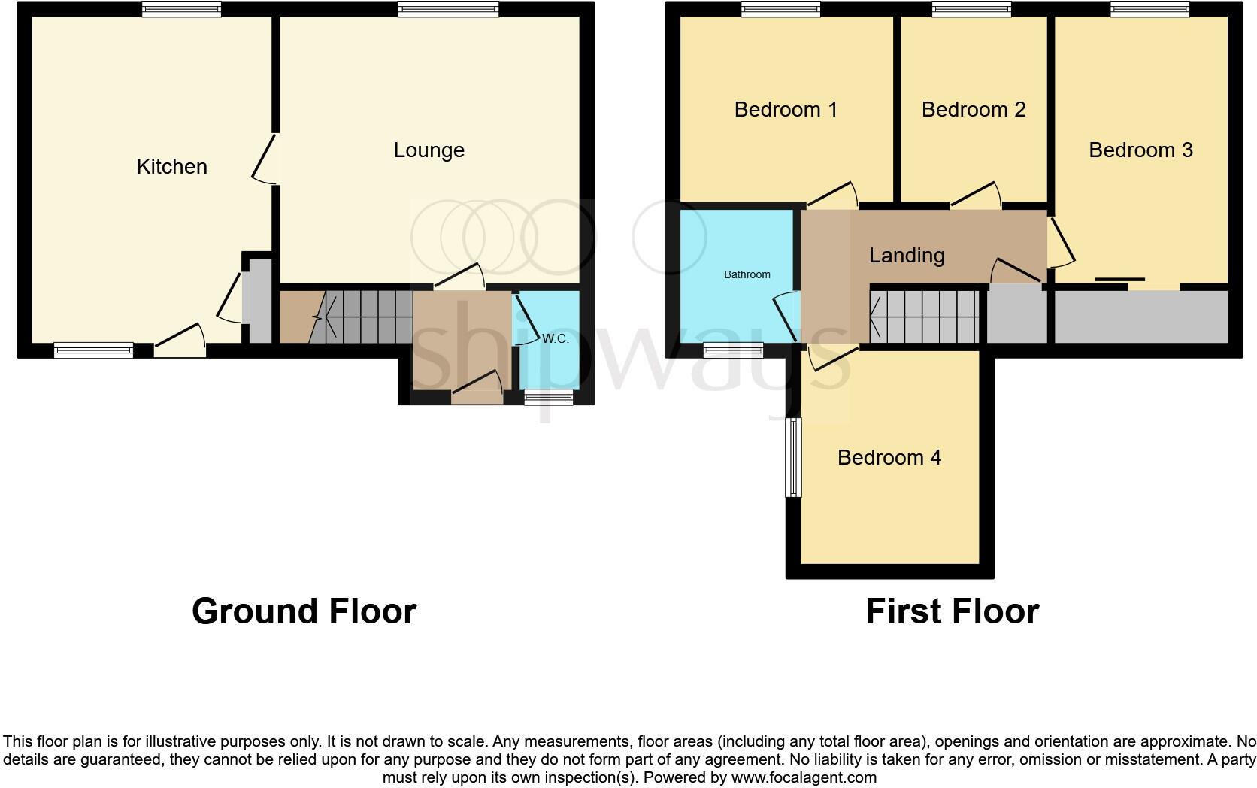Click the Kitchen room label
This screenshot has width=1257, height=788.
pos(171,166)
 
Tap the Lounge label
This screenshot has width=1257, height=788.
pos(429,150)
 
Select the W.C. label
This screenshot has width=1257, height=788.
pos(556,339)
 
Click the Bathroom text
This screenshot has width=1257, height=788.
pos(747,274)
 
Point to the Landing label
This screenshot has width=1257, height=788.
pos(906,255)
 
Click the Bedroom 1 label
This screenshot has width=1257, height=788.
pos(786,109)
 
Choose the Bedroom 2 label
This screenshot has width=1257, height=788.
pos(973,109)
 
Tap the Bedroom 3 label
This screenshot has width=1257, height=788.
pos(1140,150)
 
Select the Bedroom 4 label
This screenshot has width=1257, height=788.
pos(889,457)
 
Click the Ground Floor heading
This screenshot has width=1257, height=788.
pos(304,611)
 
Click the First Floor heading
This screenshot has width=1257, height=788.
pos(952,611)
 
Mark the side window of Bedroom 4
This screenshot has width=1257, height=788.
pos(793,457)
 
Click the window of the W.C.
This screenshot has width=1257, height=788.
pos(548,398)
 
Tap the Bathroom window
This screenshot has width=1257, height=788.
pos(733,350)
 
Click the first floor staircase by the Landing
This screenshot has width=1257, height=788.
pos(924,317)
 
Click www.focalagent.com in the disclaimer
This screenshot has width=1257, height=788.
pos(803,777)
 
